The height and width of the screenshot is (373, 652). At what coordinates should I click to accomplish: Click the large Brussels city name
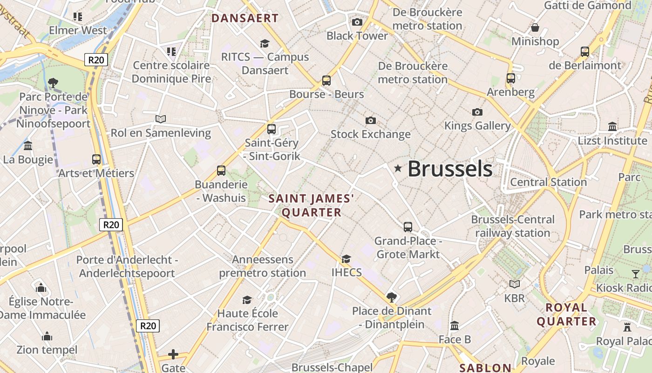coord(450,169)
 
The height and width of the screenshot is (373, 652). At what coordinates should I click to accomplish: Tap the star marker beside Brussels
coord(398,168)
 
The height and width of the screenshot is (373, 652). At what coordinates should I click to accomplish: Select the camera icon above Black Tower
coord(357,22)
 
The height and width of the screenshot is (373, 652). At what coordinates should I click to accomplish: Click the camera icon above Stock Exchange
coord(370,121)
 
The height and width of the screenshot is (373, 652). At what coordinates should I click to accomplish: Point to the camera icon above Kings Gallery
coord(477,112)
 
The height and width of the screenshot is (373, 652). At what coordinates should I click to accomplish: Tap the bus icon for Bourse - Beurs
coord(326,80)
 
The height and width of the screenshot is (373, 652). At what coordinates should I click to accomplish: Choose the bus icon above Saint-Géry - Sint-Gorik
coord(272,129)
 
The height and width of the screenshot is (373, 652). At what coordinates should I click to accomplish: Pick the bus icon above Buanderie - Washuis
coord(221,171)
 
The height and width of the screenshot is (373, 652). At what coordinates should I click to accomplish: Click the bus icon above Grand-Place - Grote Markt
coord(408,227)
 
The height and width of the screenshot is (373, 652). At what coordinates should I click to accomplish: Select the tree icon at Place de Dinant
coord(392,297)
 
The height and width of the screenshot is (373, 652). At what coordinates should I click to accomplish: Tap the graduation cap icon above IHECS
coord(346,259)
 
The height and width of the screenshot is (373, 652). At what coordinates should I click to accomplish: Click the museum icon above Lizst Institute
coord(612,127)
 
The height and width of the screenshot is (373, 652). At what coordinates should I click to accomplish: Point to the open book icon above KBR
coord(514,284)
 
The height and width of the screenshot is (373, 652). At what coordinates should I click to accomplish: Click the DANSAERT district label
coord(245,19)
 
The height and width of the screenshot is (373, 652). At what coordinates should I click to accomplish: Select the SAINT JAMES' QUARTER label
coord(312,206)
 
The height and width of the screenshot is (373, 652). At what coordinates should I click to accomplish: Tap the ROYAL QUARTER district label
coord(566,314)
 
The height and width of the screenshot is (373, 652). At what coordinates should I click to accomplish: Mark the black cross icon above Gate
coord(173,354)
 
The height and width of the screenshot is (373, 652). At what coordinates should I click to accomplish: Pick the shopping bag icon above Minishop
coord(535,28)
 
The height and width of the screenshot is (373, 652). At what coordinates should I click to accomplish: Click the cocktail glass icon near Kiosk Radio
coord(636,274)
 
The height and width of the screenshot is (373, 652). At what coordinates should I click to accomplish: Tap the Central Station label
coord(548,182)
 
